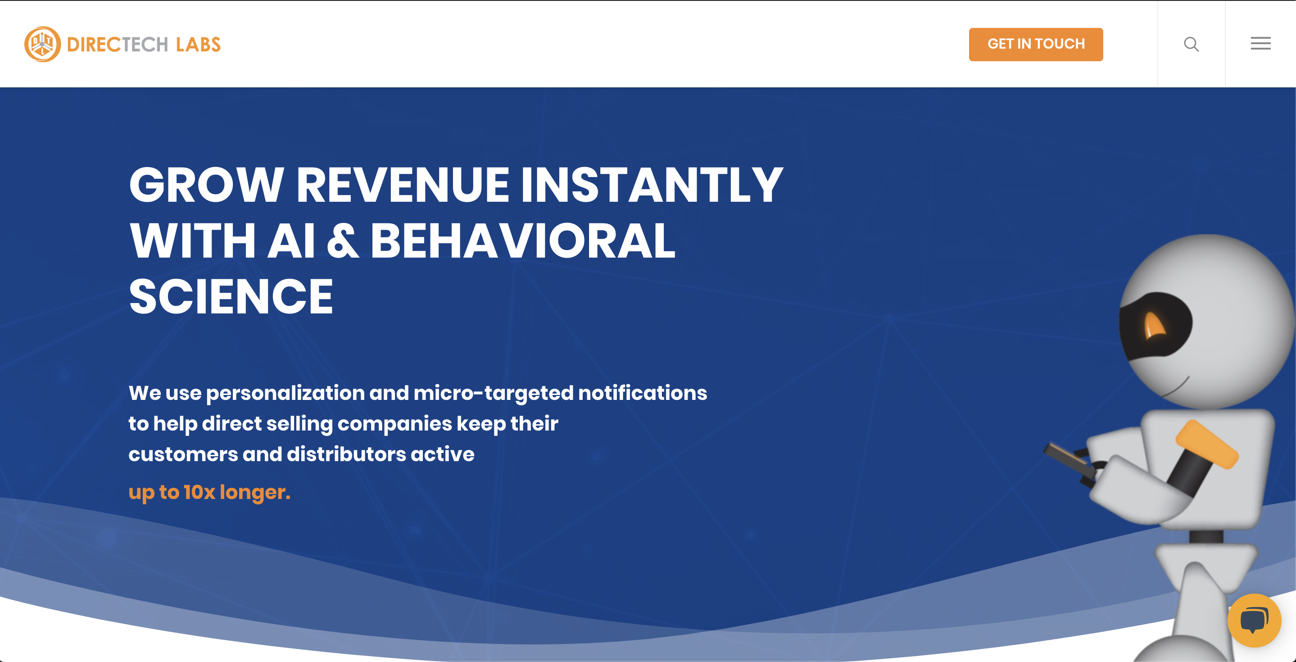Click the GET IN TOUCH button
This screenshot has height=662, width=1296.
[1036, 44]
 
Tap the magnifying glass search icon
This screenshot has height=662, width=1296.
[1191, 44]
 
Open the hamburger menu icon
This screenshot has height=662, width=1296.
[1260, 44]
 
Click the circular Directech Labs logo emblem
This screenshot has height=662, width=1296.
[42, 44]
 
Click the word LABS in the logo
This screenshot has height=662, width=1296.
[198, 45]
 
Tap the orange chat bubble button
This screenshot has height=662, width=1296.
[1254, 620]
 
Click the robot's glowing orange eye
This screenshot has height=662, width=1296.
[1154, 324]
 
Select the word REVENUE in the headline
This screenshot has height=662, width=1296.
[403, 185]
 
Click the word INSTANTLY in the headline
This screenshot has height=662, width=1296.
[652, 185]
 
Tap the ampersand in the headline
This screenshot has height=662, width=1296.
[343, 241]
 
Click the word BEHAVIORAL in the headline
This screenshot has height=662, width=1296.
[523, 241]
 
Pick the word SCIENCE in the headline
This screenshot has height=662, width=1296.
[231, 297]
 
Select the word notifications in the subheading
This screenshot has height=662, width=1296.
[643, 392]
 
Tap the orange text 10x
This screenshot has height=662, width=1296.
[199, 492]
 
